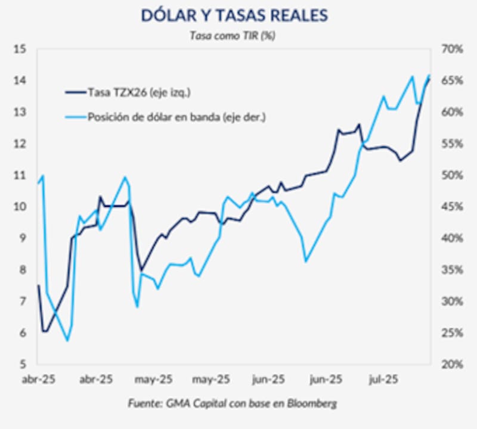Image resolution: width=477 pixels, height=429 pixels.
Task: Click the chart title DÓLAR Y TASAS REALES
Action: [x=234, y=15]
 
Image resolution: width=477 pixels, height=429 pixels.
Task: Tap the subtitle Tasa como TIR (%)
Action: [x=233, y=35]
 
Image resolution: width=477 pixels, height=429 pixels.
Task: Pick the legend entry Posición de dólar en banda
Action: [x=176, y=117]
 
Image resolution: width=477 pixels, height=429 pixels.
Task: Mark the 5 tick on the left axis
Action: [x=21, y=364]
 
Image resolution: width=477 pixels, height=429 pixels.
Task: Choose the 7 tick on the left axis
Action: [x=21, y=301]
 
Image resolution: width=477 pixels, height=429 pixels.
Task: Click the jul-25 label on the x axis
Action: [x=383, y=379]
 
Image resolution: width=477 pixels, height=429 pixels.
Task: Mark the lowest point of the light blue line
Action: [x=67, y=341]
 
